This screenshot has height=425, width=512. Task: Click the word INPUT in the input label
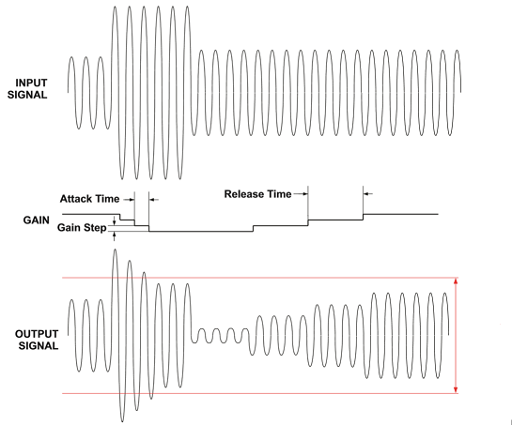pos(31,83)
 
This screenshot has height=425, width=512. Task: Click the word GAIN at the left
pos(37,220)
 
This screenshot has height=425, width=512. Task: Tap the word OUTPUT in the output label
pos(37,334)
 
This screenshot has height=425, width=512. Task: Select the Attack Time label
pos(89,199)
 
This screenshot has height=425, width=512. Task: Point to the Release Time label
pos(257,194)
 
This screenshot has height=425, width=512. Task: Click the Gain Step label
pos(82,227)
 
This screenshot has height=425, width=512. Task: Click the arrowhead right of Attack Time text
pos(132,199)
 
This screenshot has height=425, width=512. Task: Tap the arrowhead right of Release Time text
pos(305,194)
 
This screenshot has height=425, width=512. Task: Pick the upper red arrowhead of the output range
pos(456,281)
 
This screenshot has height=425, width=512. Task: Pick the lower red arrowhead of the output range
pos(456,390)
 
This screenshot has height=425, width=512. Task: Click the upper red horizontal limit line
pos(260,278)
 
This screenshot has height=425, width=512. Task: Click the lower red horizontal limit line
pos(260,394)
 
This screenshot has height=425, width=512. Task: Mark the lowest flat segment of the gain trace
pos(201,231)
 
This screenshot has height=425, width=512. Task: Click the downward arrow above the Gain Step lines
pos(114,220)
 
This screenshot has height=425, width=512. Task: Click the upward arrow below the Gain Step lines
pos(114,235)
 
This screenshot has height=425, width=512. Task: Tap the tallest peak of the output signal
pos(115,250)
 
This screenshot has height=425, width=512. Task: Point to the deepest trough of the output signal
pos(122,421)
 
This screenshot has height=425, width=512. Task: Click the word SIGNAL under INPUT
pos(27,95)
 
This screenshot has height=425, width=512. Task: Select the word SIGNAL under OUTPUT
pos(39,346)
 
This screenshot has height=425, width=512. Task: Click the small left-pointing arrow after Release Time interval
pos(368,194)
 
